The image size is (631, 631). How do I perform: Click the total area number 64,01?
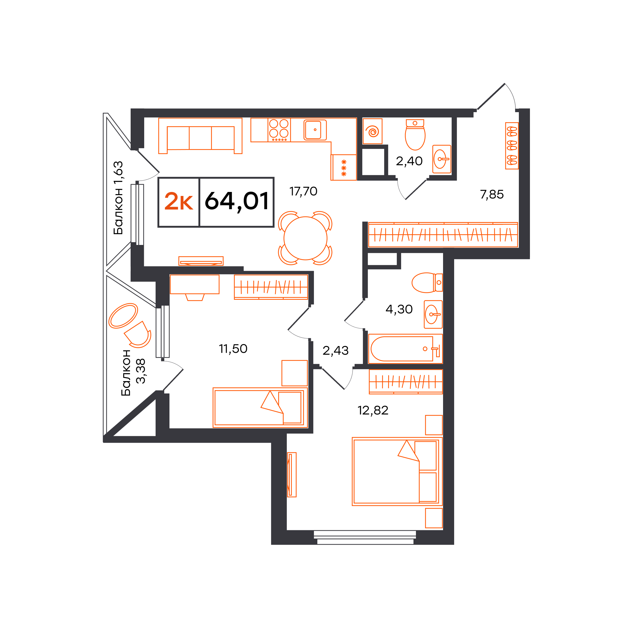tap(236, 201)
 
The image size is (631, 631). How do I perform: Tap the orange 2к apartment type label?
tap(178, 201)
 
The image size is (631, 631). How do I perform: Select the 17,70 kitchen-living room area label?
tap(303, 191)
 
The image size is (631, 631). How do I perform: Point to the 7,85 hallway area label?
tap(491, 195)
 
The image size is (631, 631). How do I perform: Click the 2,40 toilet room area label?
tap(409, 161)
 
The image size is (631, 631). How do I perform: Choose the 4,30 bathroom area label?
tap(399, 309)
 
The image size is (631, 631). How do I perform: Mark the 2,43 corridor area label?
tap(336, 350)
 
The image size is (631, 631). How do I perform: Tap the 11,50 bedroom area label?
tap(233, 348)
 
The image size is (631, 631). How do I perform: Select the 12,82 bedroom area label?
tap(373, 410)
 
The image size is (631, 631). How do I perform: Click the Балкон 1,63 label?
tap(118, 198)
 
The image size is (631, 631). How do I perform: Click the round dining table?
tap(305, 238)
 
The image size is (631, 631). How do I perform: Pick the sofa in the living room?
tap(200, 136)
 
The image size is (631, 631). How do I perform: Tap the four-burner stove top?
tap(279, 130)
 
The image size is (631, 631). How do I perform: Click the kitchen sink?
tap(315, 130)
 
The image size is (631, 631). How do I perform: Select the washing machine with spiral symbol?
tap(372, 131)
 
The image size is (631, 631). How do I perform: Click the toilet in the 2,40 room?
tap(415, 135)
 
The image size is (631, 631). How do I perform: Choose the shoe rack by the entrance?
tap(512, 146)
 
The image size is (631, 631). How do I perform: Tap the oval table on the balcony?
tap(123, 315)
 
